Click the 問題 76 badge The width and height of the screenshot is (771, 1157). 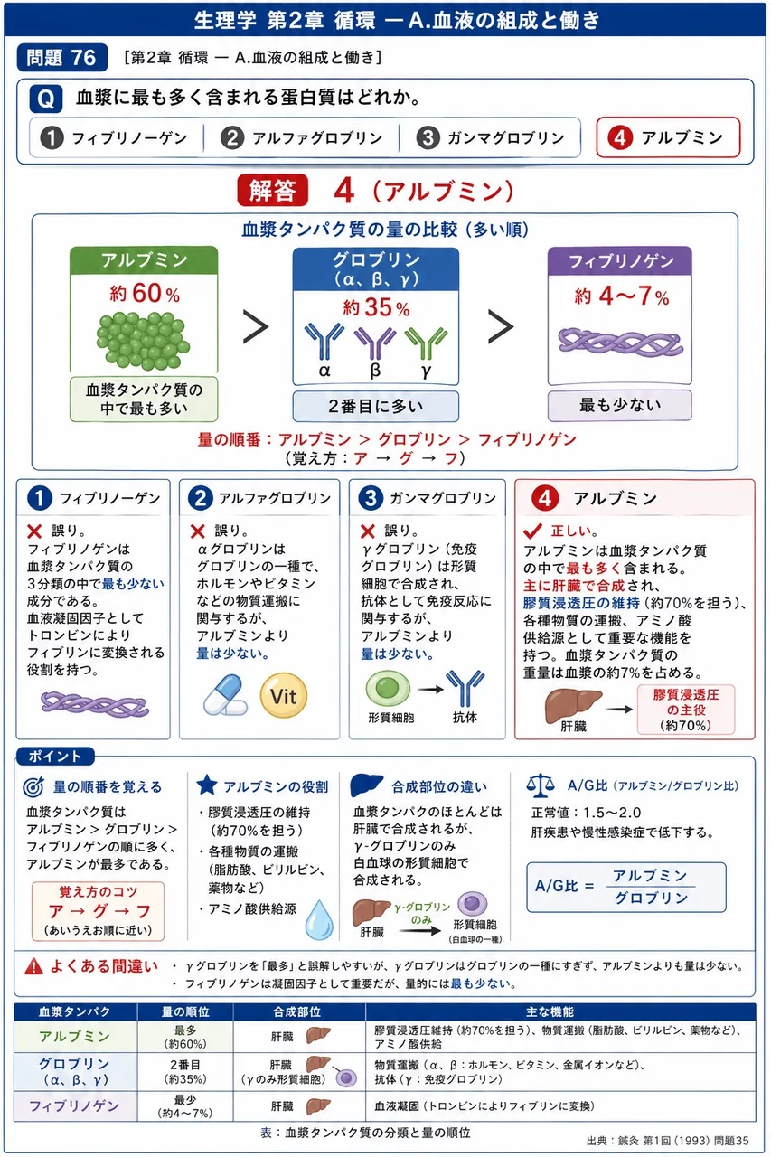(x=62, y=57)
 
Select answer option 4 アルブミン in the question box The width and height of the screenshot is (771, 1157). (x=668, y=137)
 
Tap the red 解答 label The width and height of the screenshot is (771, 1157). (x=273, y=190)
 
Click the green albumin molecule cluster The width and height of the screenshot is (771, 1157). (x=143, y=341)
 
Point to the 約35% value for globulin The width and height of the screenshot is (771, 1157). (x=376, y=308)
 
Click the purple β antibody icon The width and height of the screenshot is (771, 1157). (x=375, y=343)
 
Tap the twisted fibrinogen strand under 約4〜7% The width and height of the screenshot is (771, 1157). (x=620, y=343)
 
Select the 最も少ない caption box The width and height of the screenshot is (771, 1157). (x=620, y=405)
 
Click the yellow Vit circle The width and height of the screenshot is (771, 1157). (x=284, y=695)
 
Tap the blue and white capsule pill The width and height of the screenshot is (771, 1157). (x=225, y=695)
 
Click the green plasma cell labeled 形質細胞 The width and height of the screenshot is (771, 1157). (x=388, y=688)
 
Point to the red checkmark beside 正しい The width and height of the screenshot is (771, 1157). (x=532, y=531)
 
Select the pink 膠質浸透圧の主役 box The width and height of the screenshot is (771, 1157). (x=686, y=710)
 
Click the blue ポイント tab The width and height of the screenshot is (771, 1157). (x=55, y=757)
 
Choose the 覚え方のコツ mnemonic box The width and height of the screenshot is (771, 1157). (x=99, y=912)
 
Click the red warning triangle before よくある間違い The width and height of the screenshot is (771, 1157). (x=34, y=966)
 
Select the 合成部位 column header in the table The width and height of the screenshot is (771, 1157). (x=297, y=1011)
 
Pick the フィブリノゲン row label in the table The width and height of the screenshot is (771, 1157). (x=74, y=1105)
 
